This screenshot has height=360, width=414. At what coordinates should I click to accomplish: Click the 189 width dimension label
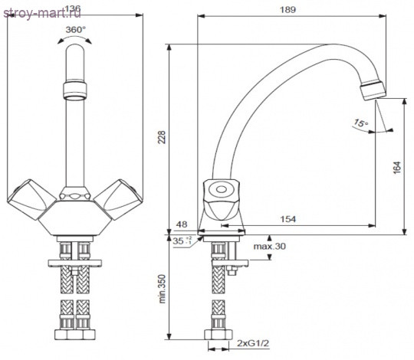[x=287, y=10]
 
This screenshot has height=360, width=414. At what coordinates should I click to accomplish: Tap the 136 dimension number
[x=72, y=9]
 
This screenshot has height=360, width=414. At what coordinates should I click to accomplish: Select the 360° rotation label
[x=76, y=30]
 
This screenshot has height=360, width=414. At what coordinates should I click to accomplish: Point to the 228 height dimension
[x=162, y=137]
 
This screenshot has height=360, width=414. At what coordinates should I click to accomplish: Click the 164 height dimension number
[x=397, y=167]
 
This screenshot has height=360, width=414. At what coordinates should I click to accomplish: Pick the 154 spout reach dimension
[x=287, y=219]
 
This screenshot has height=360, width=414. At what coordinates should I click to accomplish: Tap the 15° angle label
[x=360, y=123]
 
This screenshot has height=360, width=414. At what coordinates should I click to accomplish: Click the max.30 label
[x=270, y=247]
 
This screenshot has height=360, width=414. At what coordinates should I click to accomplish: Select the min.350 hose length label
[x=162, y=289]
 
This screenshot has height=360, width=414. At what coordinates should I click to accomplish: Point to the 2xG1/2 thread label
[x=253, y=343]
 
